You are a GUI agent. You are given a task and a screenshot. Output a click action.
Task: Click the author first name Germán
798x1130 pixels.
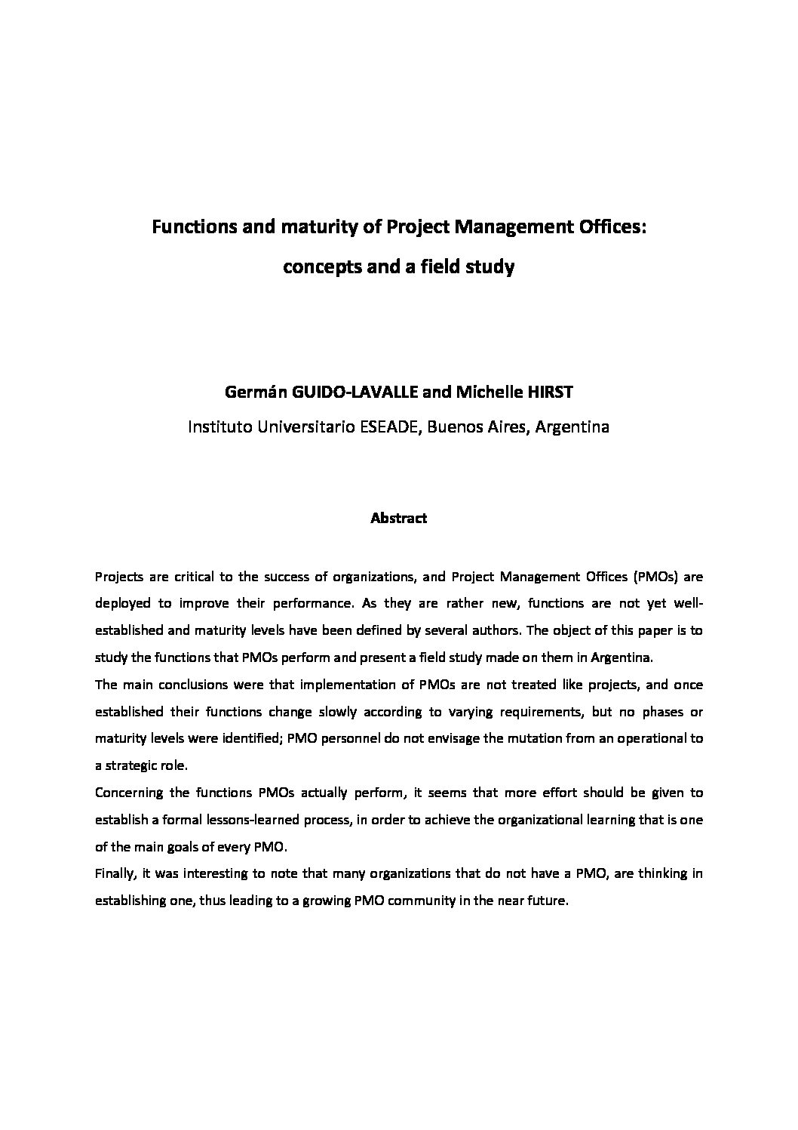[242, 393]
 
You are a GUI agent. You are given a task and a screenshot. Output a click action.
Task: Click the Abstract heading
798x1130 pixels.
[398, 519]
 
